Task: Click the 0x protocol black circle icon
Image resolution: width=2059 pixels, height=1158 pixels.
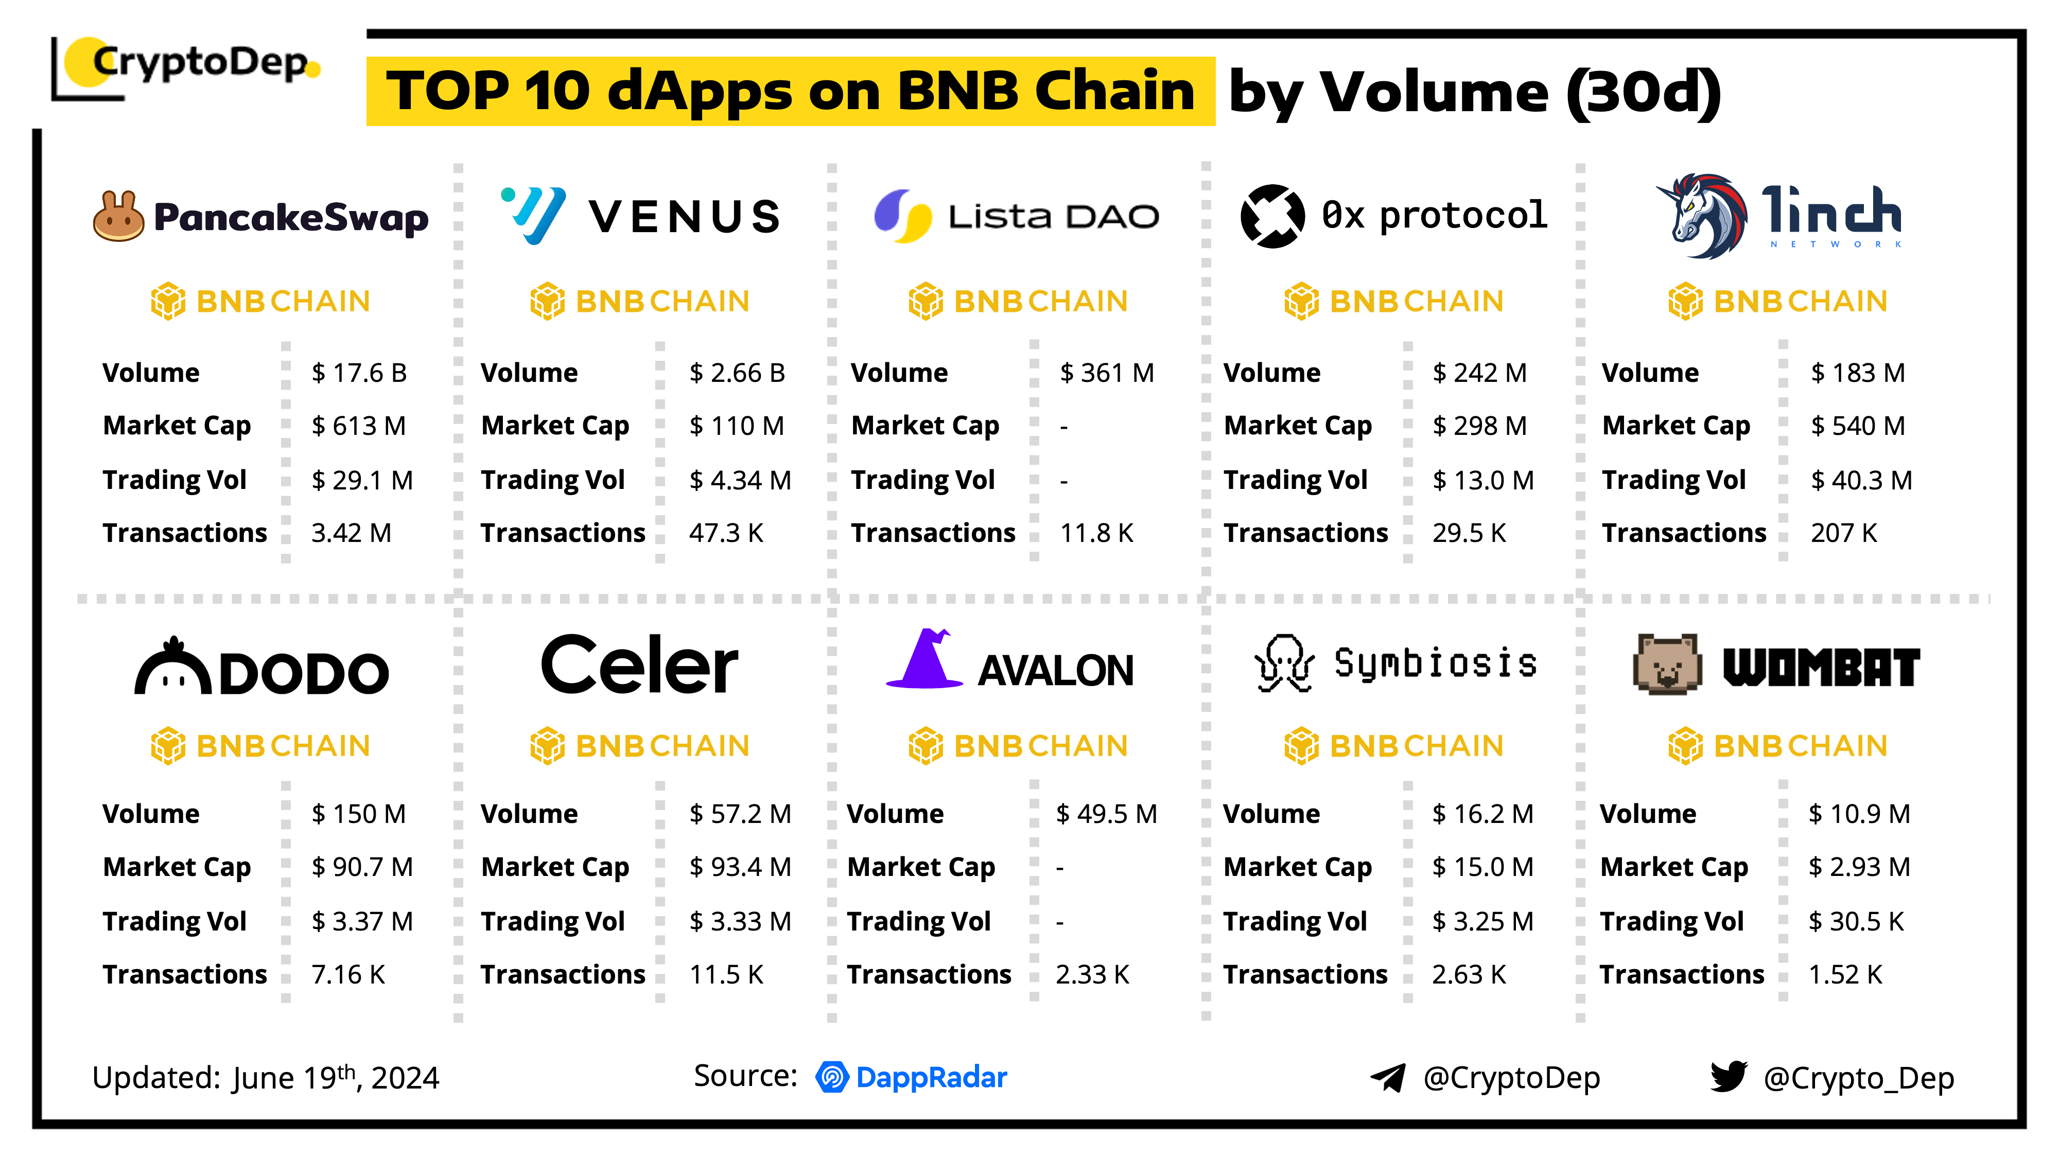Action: point(1271,216)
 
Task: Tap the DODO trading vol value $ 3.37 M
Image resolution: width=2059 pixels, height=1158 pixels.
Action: point(362,921)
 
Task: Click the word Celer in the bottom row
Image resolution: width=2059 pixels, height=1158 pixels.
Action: point(639,665)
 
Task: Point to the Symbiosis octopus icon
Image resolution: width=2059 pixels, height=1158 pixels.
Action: point(1284,663)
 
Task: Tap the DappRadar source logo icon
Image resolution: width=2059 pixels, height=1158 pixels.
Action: point(832,1077)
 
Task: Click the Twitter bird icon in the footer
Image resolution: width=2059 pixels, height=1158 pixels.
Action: point(1728,1077)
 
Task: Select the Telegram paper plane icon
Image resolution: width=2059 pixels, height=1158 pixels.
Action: point(1388,1077)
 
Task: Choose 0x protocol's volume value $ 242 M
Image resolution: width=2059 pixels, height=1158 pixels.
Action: point(1479,373)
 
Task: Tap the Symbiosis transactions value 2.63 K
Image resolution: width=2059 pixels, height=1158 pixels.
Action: point(1468,975)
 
